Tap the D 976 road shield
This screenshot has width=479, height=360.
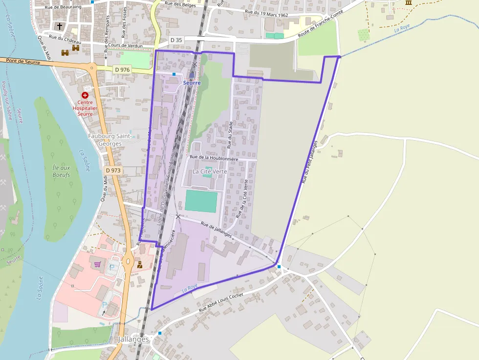click(x=122, y=70)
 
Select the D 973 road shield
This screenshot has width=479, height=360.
click(x=113, y=170)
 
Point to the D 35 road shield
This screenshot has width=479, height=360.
click(x=176, y=40)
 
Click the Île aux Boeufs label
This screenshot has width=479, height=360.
click(x=61, y=171)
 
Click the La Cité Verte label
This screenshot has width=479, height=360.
click(x=209, y=171)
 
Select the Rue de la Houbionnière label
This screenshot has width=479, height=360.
click(x=214, y=158)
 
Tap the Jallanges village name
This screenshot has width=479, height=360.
click(x=133, y=339)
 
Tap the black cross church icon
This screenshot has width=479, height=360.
click(x=60, y=26)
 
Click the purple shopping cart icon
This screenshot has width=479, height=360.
click(x=97, y=264)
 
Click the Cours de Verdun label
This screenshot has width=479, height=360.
click(x=126, y=46)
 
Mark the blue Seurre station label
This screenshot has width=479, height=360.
click(x=192, y=83)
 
